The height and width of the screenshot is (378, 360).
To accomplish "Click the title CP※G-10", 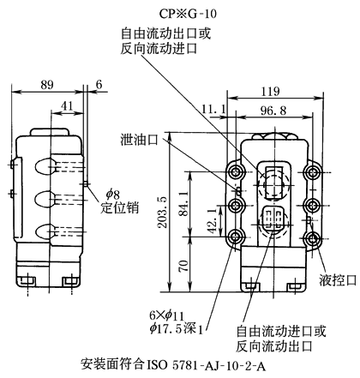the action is point(188,14).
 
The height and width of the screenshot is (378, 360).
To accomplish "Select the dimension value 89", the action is point(47,85).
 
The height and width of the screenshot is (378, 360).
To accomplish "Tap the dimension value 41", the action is point(68,106).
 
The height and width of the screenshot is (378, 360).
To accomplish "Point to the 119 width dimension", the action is point(271,92).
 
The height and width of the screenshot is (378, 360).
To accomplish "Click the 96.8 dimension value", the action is point(273,111).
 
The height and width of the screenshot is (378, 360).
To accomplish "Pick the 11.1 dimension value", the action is point(213,109).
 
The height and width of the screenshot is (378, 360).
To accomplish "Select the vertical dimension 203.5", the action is point(163,212).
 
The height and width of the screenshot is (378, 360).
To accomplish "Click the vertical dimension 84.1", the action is point(183,203).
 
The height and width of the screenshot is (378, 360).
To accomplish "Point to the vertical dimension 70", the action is point(184,266).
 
